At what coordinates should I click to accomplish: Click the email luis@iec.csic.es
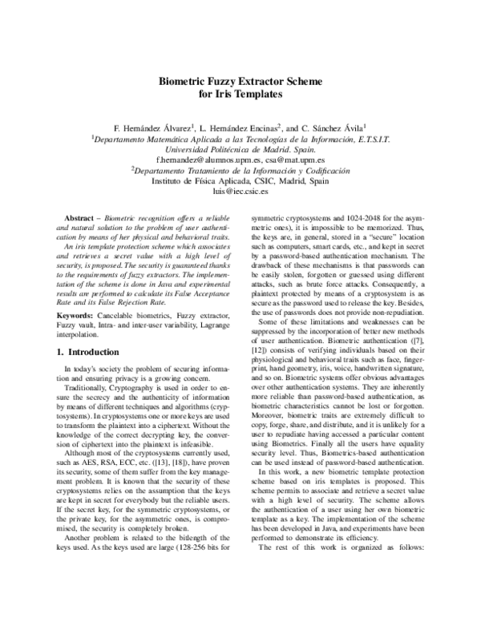click(x=240, y=193)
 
